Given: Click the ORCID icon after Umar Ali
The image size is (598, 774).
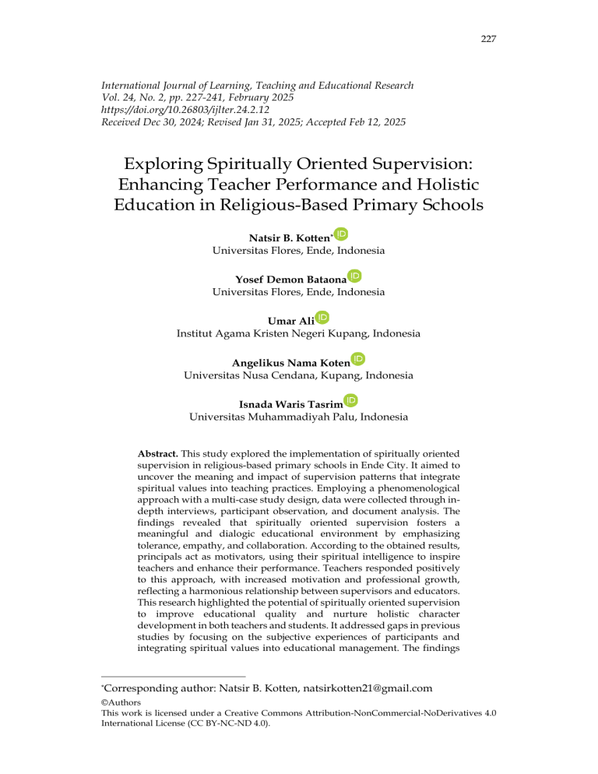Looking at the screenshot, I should pyautogui.click(x=322, y=317).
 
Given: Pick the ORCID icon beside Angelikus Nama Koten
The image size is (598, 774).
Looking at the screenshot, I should pyautogui.click(x=358, y=359).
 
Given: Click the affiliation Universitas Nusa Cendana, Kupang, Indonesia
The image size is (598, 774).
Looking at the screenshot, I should pyautogui.click(x=298, y=375).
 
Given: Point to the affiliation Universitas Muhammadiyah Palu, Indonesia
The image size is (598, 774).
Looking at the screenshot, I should pyautogui.click(x=298, y=417).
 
